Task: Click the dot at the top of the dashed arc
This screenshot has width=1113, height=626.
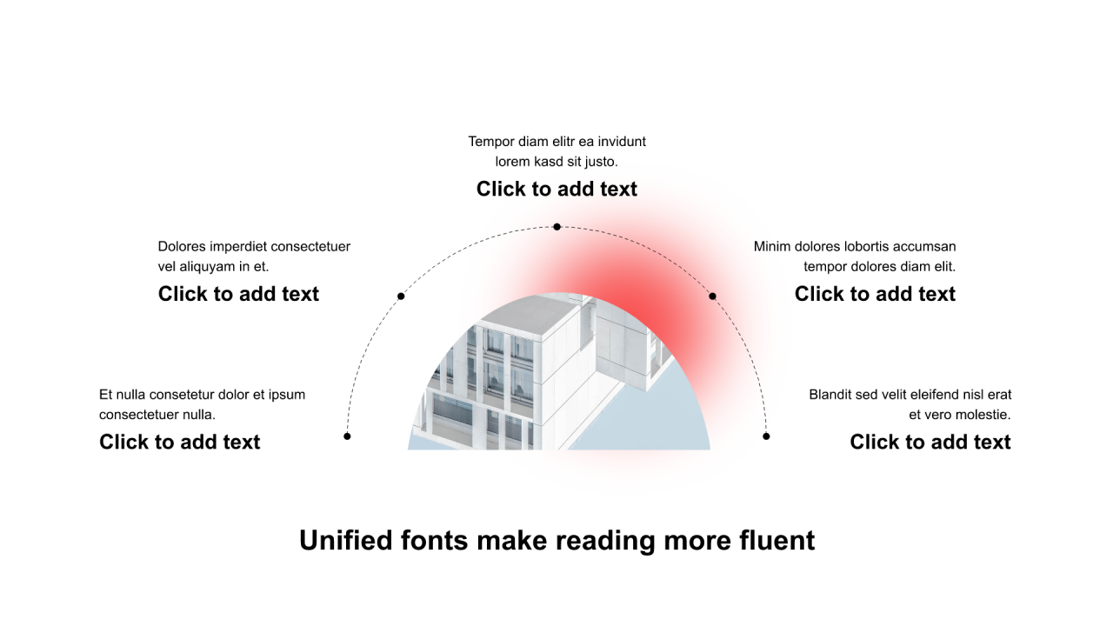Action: pos(556,227)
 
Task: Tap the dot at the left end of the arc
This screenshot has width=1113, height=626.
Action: pos(347,436)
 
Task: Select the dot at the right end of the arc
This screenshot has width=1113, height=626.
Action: pos(766,436)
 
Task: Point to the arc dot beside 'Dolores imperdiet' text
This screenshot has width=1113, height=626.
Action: pos(401,296)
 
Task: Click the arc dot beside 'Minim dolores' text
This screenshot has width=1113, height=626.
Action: pos(712,296)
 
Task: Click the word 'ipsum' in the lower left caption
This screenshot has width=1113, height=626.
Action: pos(287,395)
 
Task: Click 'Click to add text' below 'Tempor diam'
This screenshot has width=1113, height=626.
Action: pos(556,189)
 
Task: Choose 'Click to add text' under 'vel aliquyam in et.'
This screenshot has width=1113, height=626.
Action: pos(238,294)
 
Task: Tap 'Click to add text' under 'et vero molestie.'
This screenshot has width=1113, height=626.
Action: pos(930,442)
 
